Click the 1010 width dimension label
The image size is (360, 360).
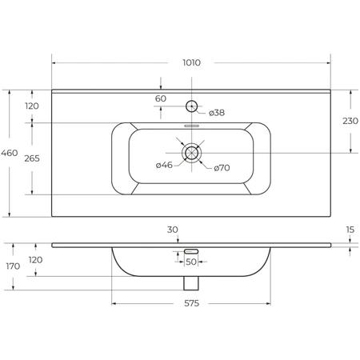191,62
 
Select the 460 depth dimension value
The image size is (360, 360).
10,153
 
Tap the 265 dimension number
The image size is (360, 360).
32,158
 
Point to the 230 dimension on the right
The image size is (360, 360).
350,121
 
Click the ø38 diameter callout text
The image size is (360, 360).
217,113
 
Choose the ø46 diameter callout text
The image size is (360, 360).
164,165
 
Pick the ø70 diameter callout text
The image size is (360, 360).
222,168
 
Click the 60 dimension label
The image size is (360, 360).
161,98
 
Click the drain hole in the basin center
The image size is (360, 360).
191,153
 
